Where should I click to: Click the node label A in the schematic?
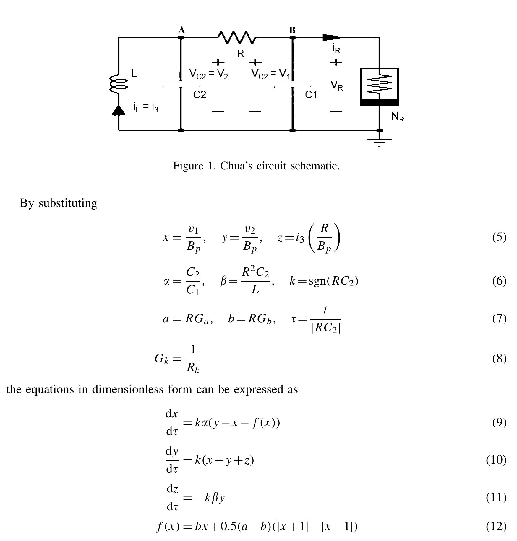pyautogui.click(x=181, y=30)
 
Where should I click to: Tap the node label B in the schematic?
pyautogui.click(x=292, y=30)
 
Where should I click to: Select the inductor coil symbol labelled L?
pyautogui.click(x=118, y=84)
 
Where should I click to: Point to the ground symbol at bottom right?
pyautogui.click(x=380, y=142)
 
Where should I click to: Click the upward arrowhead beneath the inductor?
pyautogui.click(x=119, y=111)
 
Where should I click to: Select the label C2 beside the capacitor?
pyautogui.click(x=200, y=95)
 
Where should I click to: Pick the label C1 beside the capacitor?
pyautogui.click(x=311, y=95)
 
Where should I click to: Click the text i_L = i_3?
pyautogui.click(x=146, y=107)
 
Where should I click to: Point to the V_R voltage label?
pyautogui.click(x=337, y=86)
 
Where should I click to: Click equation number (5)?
pyautogui.click(x=499, y=237)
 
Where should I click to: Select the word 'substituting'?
pyautogui.click(x=68, y=203)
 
